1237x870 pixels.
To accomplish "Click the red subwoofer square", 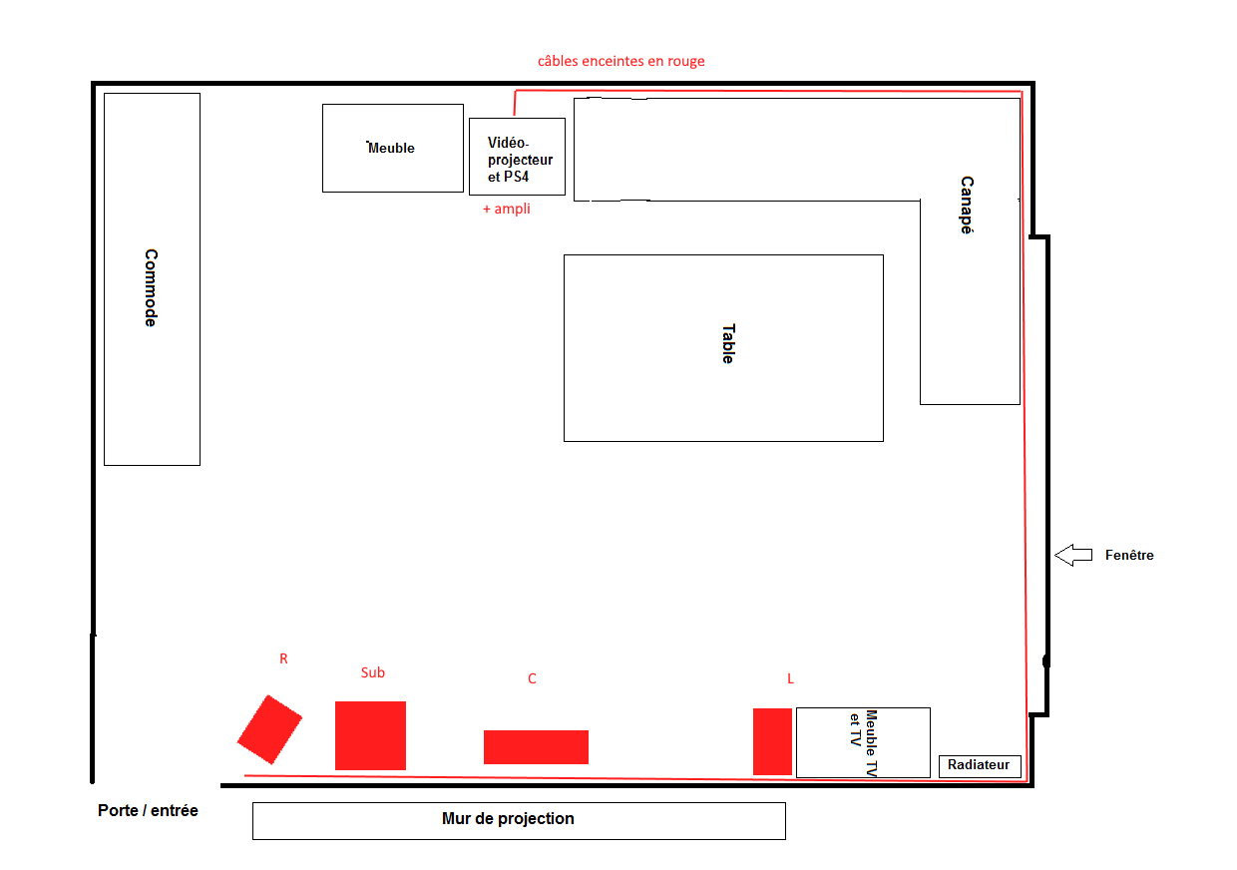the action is coord(370,735).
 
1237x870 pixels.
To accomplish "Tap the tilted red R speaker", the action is coord(269,729).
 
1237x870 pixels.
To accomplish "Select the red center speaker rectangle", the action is coord(536,747).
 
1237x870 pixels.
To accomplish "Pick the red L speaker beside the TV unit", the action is coord(772,741).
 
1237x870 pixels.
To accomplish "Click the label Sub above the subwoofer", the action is coord(373,672).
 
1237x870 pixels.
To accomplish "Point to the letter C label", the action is coord(532,678).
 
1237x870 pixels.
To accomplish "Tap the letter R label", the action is coord(283,658).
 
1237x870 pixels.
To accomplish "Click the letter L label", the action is coord(790,678).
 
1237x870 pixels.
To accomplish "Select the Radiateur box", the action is coord(980,766).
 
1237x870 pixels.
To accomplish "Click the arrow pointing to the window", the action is coord(1073,555).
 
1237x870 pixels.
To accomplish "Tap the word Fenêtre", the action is coord(1129,555).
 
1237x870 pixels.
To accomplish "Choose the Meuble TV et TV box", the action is coord(863,742).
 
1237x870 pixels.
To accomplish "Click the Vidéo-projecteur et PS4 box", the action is coord(517,157).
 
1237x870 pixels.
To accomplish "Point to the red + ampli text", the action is coord(507,209).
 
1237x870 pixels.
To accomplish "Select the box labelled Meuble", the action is coord(393,148).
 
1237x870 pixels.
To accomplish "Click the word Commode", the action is coord(151,287).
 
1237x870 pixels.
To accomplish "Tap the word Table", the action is coord(728,343).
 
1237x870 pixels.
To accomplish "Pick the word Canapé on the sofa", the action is coord(967,205).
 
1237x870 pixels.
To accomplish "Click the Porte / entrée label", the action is coord(148,810).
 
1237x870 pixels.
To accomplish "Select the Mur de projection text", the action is coord(508,818).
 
